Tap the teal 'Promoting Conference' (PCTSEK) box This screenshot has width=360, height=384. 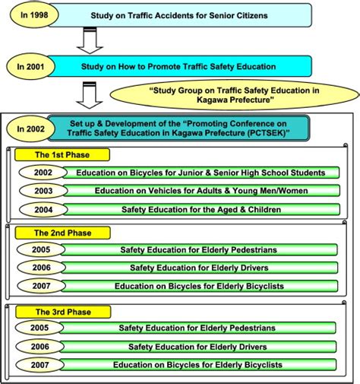(178, 128)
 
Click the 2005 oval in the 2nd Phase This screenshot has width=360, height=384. (41, 249)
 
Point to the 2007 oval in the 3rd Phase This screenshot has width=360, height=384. (41, 365)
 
